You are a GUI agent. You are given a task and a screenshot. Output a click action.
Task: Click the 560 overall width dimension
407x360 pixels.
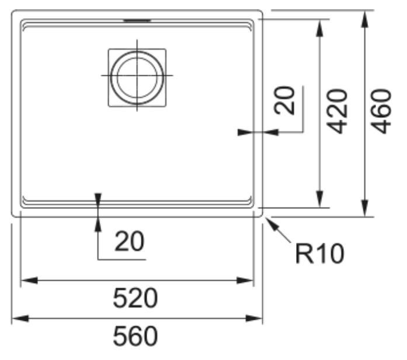click(136, 337)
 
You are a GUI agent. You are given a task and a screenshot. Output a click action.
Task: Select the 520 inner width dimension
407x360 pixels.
click(135, 300)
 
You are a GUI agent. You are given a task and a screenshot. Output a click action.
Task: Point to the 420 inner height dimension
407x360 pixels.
click(337, 111)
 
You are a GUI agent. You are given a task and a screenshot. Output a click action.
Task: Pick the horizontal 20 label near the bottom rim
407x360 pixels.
click(129, 241)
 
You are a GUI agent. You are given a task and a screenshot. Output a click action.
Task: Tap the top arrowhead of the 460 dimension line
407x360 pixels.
click(366, 16)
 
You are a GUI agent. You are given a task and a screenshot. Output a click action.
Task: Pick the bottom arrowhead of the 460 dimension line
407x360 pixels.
click(366, 210)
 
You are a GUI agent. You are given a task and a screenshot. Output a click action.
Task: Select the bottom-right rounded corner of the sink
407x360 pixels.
click(259, 214)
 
